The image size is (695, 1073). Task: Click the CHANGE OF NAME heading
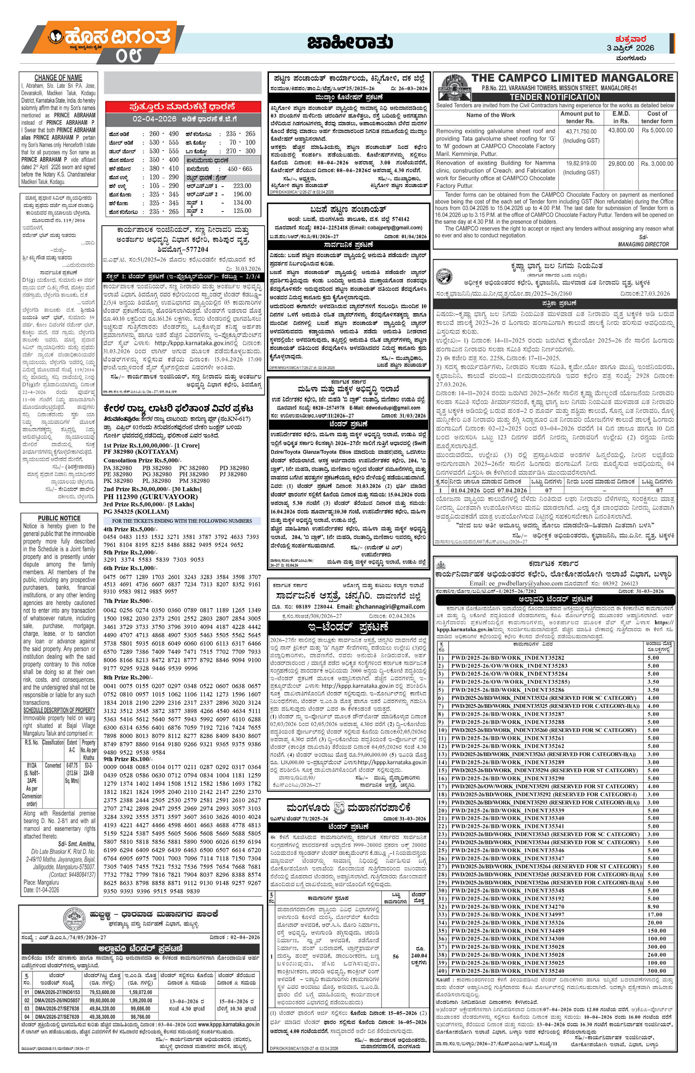[58, 78]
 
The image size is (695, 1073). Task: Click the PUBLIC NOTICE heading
[59, 518]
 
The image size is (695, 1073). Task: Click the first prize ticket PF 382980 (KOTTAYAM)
[141, 451]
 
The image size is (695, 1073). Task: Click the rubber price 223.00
[242, 186]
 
